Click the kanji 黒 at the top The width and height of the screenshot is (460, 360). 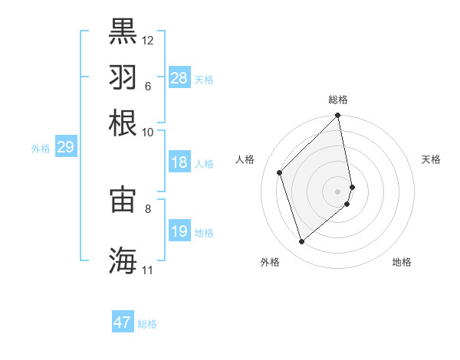click(123, 33)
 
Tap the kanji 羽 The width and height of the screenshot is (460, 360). click(123, 77)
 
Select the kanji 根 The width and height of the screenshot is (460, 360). click(123, 123)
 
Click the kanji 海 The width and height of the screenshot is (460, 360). click(123, 260)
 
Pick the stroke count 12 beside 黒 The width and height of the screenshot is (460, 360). click(148, 40)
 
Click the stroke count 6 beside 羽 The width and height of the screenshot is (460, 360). click(147, 86)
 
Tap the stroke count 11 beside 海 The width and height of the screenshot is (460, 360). click(147, 270)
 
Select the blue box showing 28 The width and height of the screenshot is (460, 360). click(179, 78)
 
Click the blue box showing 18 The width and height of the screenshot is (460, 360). click(179, 163)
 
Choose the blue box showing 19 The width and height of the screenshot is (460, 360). click(179, 231)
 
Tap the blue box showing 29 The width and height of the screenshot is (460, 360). click(65, 147)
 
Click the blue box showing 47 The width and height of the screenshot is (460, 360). click(122, 322)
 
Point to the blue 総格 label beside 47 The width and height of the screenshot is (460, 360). click(147, 324)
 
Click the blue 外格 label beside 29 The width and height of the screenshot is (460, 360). click(41, 149)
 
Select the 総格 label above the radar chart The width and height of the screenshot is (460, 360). click(338, 100)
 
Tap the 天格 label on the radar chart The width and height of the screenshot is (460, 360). click(432, 159)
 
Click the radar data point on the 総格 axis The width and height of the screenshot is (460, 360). click(338, 116)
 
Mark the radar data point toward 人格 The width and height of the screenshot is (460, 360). click(280, 172)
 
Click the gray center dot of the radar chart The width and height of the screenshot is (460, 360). click(338, 191)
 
